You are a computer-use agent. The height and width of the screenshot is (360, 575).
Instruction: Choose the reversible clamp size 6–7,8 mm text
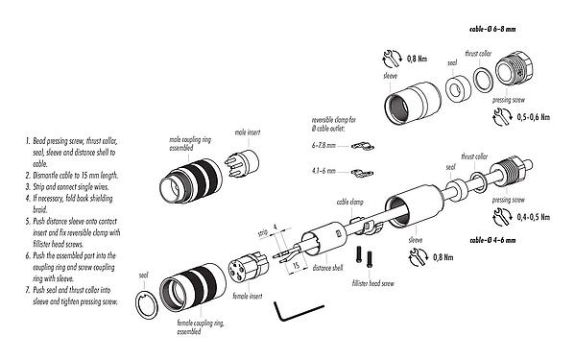coord(326,145)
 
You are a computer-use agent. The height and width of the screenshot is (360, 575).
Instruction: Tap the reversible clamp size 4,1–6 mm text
coord(325,173)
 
